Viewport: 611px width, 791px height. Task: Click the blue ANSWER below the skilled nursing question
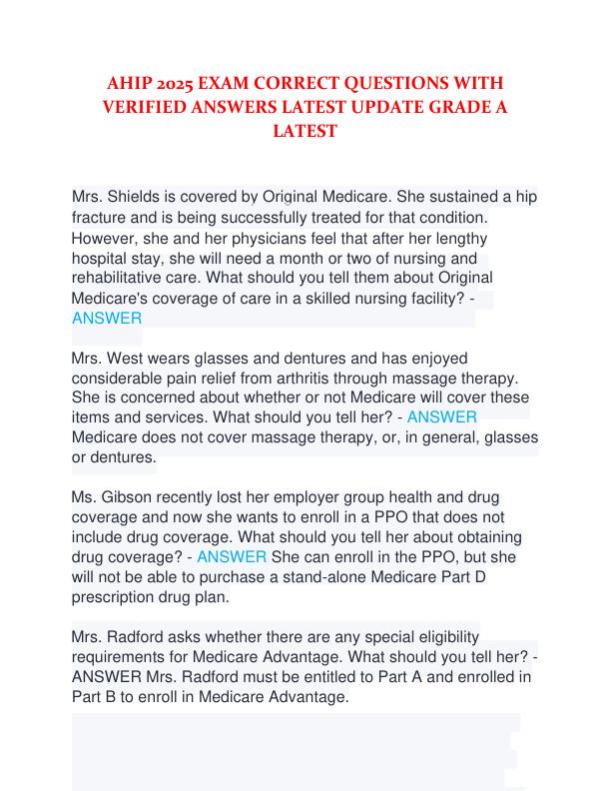pyautogui.click(x=107, y=319)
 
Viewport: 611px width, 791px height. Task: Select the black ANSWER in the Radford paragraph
pyautogui.click(x=107, y=678)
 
